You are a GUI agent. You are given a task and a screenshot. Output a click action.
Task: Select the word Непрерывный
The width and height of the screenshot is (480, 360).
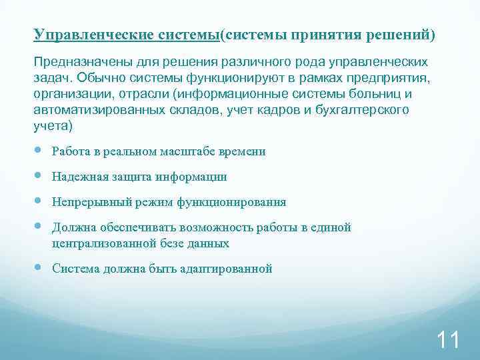[x=87, y=202]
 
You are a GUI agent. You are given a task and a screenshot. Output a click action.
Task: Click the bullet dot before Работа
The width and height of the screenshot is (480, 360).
[x=39, y=151]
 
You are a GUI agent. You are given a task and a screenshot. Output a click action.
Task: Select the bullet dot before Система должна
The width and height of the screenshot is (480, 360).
[x=39, y=268]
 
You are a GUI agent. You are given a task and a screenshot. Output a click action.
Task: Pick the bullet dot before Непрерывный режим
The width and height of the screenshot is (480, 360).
[x=39, y=201]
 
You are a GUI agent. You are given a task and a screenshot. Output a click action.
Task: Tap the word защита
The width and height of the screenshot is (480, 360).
[x=130, y=177]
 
